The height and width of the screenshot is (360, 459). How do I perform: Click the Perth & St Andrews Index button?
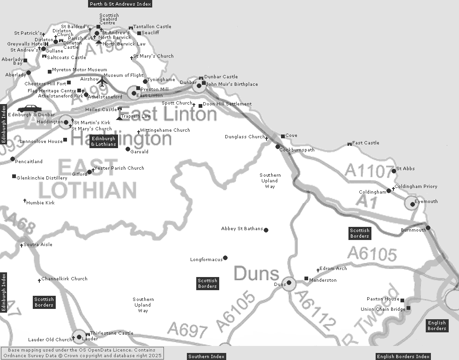120,4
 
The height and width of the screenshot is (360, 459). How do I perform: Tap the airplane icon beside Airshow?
102,81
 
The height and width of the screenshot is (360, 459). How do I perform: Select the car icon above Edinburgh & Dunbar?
30,109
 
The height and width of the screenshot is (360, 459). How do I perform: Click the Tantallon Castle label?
152,27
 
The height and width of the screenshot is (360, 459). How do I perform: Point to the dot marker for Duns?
289,283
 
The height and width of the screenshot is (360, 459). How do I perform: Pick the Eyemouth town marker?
412,204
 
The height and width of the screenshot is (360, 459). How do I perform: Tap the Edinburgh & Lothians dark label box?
104,142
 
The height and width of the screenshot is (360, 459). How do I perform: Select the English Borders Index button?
403,357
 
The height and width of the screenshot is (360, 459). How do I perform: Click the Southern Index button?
206,357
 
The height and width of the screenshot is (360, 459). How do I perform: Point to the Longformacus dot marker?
225,258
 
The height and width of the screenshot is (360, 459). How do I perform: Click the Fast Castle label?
366,143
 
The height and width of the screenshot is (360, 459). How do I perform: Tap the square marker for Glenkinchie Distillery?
14,176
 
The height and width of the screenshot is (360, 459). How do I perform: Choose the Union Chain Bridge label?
383,309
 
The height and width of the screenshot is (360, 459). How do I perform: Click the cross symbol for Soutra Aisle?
21,245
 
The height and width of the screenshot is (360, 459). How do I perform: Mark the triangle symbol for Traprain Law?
119,117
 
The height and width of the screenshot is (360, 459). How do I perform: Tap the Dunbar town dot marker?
199,85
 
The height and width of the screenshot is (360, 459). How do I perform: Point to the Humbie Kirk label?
41,203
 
